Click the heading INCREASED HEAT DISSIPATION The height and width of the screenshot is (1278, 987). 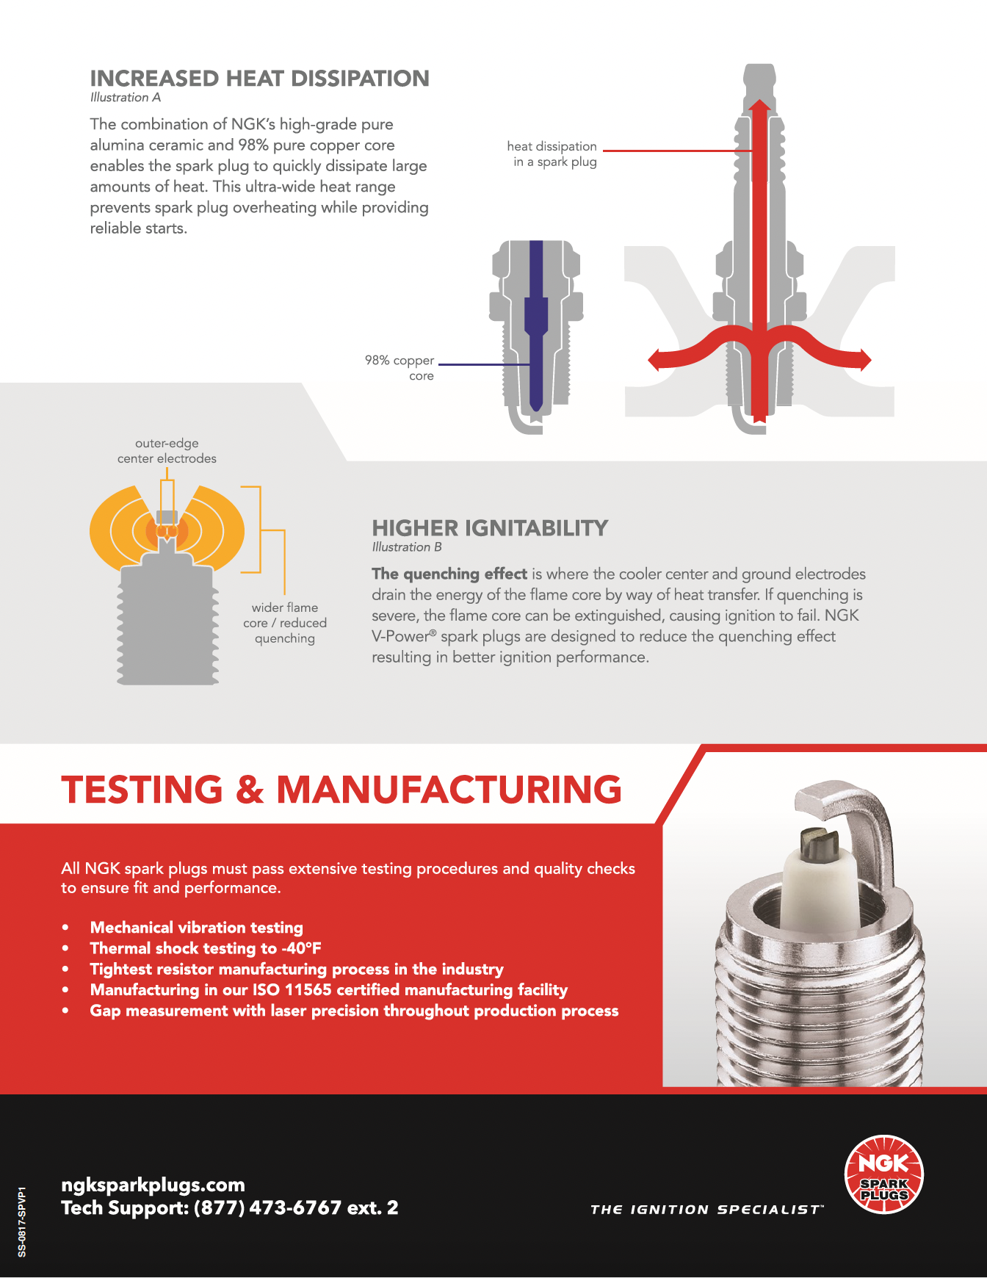(x=259, y=79)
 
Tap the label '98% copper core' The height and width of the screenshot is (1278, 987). (x=400, y=368)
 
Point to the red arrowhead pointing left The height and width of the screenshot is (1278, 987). (x=656, y=360)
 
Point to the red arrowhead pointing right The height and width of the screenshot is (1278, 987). (x=864, y=360)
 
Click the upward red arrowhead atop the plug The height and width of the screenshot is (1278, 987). (x=759, y=106)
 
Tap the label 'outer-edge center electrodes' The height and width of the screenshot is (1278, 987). (x=167, y=451)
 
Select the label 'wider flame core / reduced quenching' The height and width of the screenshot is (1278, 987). (x=285, y=623)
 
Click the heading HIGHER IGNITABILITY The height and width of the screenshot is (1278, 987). (x=490, y=528)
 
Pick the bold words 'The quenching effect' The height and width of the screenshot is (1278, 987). (x=449, y=574)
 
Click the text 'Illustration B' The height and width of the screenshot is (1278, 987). (x=407, y=547)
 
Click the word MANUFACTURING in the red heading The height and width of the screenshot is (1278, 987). (x=449, y=790)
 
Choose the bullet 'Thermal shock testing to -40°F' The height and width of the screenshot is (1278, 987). (x=206, y=948)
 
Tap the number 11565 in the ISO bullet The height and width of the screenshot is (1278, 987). (x=308, y=990)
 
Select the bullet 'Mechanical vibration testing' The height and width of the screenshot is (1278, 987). (x=196, y=928)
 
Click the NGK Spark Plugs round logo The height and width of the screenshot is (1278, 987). (x=883, y=1174)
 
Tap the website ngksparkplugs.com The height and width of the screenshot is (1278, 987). (x=153, y=1185)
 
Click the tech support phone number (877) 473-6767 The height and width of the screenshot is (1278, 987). (x=267, y=1208)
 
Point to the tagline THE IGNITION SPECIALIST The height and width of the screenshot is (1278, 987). (x=706, y=1210)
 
